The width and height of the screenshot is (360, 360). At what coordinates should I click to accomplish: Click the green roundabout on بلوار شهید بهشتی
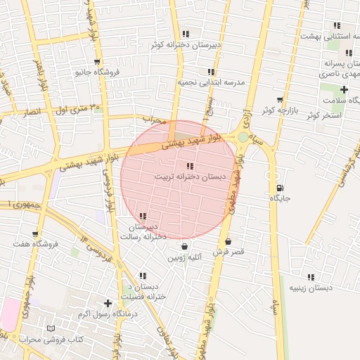[243, 138]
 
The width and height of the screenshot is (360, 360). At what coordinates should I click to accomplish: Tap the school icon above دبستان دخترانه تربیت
[190, 167]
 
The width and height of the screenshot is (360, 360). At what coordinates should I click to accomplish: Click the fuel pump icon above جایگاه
[281, 188]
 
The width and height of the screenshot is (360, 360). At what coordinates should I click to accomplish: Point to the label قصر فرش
[227, 252]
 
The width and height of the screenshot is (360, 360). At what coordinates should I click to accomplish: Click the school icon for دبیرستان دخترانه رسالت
[143, 217]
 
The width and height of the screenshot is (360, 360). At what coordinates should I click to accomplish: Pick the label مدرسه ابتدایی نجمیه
[210, 82]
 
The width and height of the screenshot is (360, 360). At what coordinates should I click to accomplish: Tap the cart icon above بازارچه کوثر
[280, 100]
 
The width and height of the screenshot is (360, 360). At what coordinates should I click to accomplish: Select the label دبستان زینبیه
[311, 288]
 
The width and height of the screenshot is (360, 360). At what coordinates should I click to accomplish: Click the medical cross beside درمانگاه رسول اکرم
[107, 303]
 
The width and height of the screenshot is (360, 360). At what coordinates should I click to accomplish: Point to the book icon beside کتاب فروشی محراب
[49, 329]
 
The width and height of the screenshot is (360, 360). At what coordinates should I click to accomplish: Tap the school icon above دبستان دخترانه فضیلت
[143, 276]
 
